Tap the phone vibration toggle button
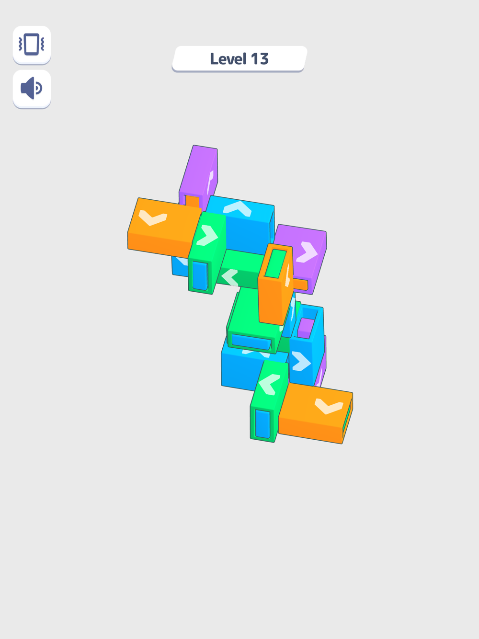(x=32, y=45)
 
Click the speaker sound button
(x=32, y=89)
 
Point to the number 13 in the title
(x=260, y=59)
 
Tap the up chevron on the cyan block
(x=238, y=208)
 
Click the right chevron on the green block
(x=207, y=235)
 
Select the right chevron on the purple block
(x=307, y=252)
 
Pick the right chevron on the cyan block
(x=301, y=361)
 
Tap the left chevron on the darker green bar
(x=230, y=277)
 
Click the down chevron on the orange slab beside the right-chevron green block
(x=153, y=217)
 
